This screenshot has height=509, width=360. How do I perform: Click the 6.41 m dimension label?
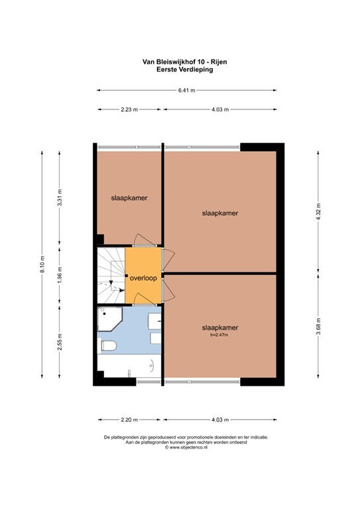(x=187, y=91)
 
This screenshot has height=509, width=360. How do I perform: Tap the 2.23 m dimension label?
(x=129, y=110)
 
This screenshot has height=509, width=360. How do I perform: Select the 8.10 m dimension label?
(x=42, y=265)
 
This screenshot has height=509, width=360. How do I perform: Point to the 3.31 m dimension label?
(x=60, y=198)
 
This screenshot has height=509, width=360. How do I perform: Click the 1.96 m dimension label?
(x=60, y=275)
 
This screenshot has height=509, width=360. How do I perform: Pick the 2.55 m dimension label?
(x=60, y=342)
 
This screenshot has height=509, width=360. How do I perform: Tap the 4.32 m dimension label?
(x=318, y=211)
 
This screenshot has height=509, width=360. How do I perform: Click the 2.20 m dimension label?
(x=129, y=420)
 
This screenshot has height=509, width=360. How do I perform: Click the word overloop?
(x=143, y=278)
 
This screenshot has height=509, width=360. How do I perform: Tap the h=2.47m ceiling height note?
(x=219, y=335)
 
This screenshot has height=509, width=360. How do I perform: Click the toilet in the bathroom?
(x=109, y=345)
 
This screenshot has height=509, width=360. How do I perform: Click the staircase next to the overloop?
(x=111, y=275)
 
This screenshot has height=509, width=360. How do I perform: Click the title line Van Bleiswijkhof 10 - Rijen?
(x=185, y=62)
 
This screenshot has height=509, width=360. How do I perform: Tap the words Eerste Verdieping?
(x=185, y=70)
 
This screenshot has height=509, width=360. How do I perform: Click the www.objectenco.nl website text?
(x=186, y=447)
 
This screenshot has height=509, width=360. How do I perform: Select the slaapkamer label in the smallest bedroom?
(x=129, y=198)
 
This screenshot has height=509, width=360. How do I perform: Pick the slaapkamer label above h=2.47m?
(x=220, y=328)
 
